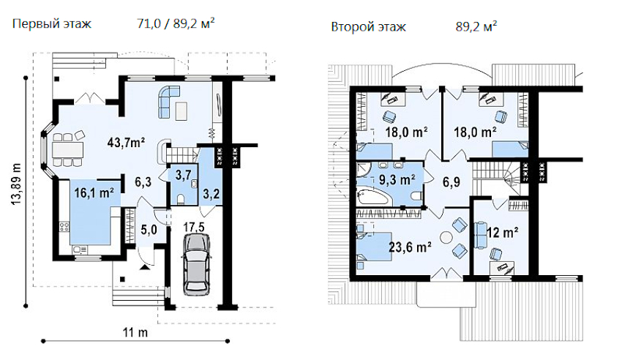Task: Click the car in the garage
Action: tap(194, 266)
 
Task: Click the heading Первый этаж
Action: tap(50, 23)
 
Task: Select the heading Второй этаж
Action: tap(368, 27)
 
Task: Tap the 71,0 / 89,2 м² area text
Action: tap(176, 23)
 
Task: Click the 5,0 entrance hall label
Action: tap(149, 228)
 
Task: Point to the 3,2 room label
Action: tap(211, 194)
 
